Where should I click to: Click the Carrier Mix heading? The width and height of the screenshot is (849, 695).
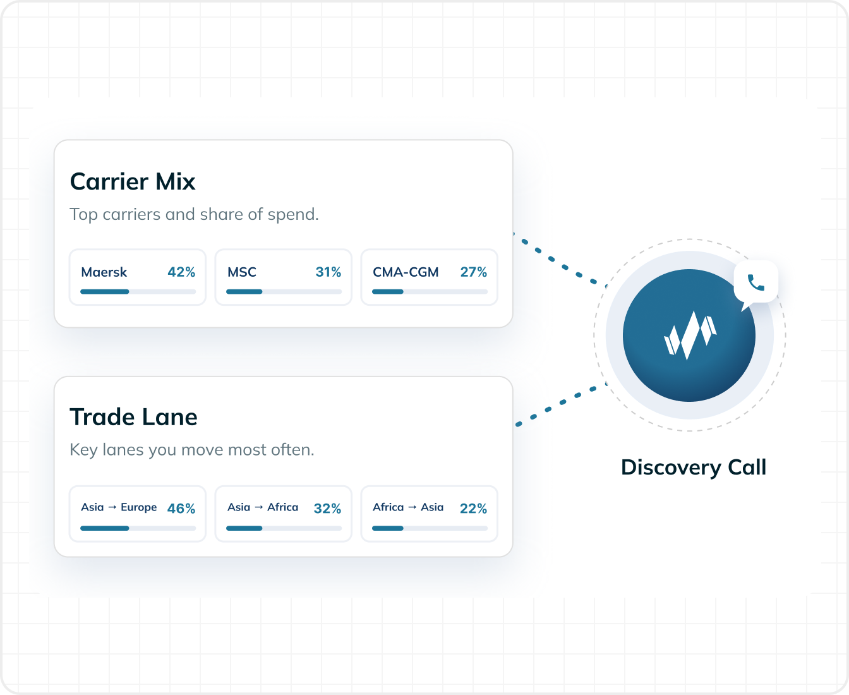[133, 181]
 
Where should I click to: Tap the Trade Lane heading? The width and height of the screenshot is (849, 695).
[134, 417]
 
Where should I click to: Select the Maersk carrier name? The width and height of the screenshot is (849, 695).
[104, 272]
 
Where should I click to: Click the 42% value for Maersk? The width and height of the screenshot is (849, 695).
[181, 272]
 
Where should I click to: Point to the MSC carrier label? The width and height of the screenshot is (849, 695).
[242, 272]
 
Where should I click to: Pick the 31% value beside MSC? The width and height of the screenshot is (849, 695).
[328, 272]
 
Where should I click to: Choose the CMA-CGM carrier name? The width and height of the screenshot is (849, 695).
[406, 272]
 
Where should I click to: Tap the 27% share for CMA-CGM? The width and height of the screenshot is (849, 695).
[474, 272]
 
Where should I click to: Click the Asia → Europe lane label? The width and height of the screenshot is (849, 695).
[119, 507]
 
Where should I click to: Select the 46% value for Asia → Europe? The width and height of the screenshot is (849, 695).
[181, 509]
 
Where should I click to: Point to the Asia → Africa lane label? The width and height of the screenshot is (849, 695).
[263, 507]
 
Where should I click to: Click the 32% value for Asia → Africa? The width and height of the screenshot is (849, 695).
[327, 509]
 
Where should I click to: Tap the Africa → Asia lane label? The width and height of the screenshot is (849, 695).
[408, 507]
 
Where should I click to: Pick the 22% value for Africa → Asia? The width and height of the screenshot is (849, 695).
[473, 509]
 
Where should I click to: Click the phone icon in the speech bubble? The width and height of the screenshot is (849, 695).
[756, 282]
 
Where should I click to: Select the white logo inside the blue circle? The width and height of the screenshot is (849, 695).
[690, 335]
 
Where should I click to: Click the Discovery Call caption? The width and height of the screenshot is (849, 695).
[694, 468]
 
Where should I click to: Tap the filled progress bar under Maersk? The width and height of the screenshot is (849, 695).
[105, 291]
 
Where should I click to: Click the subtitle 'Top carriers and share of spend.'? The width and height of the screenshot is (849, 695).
[194, 215]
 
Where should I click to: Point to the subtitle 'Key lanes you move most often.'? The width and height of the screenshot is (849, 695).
[192, 450]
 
